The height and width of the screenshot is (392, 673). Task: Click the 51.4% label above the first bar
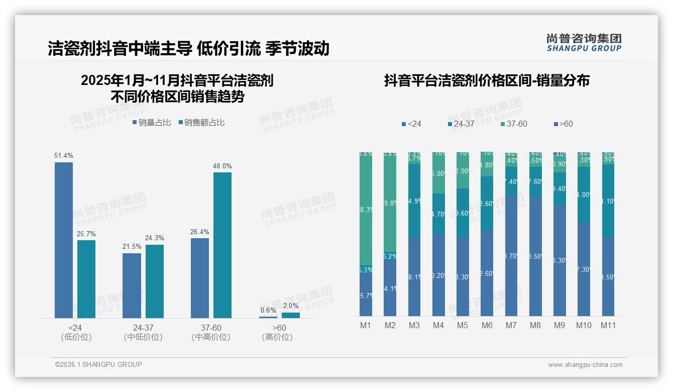click(64, 156)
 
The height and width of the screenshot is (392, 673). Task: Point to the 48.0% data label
click(222, 166)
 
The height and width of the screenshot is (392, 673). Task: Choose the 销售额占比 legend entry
click(201, 122)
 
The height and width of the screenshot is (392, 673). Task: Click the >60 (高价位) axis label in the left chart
click(277, 332)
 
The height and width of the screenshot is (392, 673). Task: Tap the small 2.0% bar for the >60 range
click(290, 315)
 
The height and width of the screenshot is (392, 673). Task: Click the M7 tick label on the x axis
click(511, 325)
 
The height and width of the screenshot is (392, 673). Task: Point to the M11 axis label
click(608, 325)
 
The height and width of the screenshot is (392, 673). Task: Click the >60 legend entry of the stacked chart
click(563, 124)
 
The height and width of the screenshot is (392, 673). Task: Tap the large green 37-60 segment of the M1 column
click(366, 209)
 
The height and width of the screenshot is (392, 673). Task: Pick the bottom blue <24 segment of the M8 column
click(535, 256)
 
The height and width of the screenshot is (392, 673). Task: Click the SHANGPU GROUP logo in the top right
click(584, 43)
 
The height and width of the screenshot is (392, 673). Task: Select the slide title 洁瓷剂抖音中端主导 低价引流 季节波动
click(188, 48)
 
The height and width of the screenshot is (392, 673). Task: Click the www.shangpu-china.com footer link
click(585, 365)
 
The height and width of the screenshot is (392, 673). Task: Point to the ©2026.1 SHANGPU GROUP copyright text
click(98, 364)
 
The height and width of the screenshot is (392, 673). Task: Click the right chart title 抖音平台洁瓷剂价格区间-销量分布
click(487, 80)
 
